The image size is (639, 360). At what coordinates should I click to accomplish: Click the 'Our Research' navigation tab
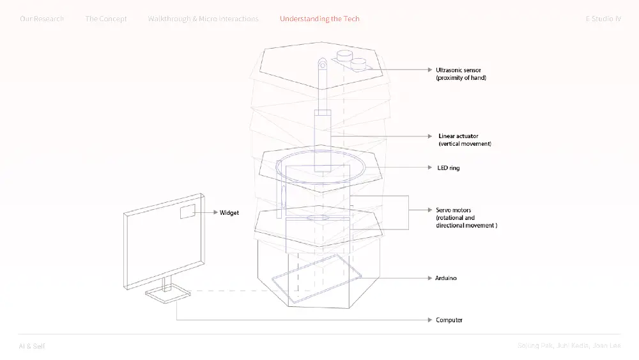(42, 19)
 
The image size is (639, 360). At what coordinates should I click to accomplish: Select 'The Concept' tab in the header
(106, 19)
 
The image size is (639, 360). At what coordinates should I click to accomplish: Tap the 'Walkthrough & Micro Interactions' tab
(203, 19)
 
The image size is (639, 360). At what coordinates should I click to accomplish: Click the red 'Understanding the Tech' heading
(319, 19)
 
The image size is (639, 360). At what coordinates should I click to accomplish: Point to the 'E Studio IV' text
(603, 19)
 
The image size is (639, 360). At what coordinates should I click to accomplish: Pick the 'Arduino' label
(446, 278)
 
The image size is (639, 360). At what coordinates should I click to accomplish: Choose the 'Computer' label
(449, 320)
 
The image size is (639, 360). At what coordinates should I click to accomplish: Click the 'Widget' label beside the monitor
(229, 212)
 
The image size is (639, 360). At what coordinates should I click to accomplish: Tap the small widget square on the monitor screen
(187, 212)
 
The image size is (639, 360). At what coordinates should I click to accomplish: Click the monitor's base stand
(167, 294)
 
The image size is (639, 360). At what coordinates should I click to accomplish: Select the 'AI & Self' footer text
(32, 346)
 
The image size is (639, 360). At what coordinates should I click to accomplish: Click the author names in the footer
(569, 346)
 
